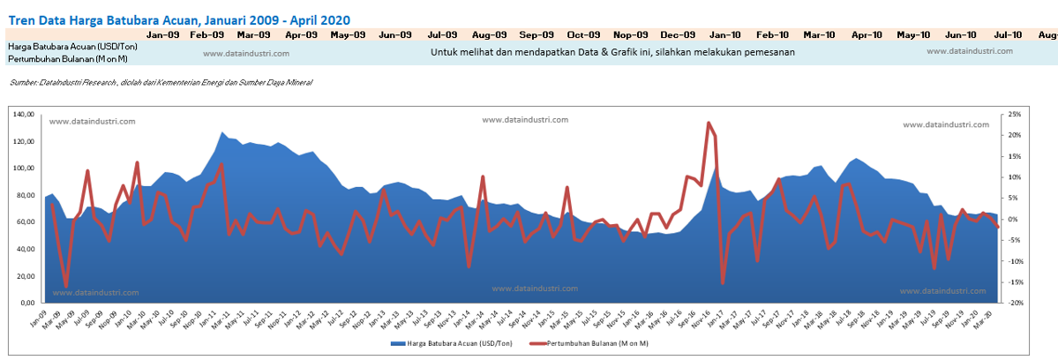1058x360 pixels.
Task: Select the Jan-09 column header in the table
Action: point(163,34)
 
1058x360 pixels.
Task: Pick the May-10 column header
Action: point(913,34)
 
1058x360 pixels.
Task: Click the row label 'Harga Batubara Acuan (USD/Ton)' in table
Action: point(61,46)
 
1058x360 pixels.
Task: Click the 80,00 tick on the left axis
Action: point(28,195)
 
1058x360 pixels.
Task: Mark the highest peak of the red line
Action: point(709,123)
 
